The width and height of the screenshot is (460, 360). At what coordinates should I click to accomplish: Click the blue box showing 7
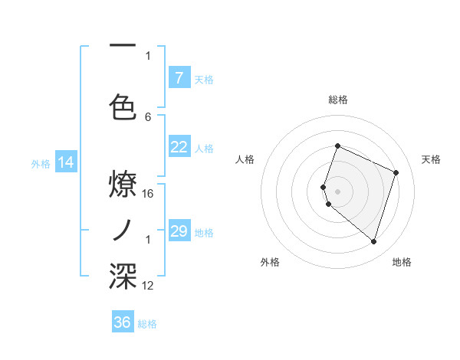coord(179,77)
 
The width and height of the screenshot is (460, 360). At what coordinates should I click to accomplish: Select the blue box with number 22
coord(179,148)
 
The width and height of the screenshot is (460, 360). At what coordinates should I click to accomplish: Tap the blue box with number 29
coord(179,231)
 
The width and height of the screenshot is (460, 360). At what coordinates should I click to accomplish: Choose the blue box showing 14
coord(66,162)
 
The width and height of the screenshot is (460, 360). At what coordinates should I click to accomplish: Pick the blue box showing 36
coord(123,322)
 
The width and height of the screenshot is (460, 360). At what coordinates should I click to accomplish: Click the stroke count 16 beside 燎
coord(148,193)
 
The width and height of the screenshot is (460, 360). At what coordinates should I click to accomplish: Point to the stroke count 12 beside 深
coord(148,285)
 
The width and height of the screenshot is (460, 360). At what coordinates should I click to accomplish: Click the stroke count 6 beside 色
coord(148,116)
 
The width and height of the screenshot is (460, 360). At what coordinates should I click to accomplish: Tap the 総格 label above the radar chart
coord(338,100)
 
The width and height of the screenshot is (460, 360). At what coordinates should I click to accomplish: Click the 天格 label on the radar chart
coord(431,159)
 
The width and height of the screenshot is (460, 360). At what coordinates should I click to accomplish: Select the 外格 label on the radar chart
coord(270,262)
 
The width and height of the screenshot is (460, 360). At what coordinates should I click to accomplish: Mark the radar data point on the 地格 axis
coord(373,242)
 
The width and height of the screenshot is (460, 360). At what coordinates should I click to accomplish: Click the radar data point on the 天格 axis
coord(396,172)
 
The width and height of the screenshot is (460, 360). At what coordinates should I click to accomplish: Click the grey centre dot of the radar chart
coord(338,191)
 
